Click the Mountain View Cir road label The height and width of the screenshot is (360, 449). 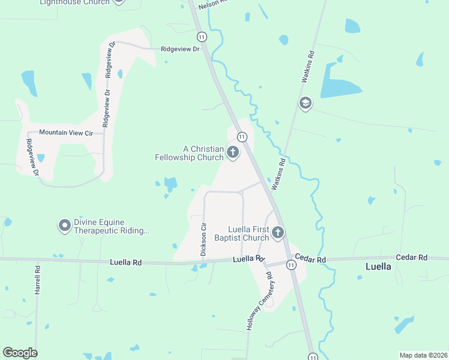pos(67,132)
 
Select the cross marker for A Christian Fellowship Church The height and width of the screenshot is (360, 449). pos(232,153)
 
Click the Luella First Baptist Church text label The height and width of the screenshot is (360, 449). pos(249,233)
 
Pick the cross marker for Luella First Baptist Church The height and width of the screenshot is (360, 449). pos(277,232)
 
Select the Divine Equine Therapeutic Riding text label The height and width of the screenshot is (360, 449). pos(111,226)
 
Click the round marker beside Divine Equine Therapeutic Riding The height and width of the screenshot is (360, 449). pos(65,226)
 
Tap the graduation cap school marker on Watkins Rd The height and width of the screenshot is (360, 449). pos(306,103)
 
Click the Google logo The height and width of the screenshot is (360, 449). pos(20,353)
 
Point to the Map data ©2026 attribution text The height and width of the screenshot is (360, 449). pos(423,355)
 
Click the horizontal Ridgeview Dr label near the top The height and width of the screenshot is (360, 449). pos(179,49)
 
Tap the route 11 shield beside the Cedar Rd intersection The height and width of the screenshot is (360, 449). pos(291,265)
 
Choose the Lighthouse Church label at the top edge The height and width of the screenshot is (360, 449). pos(74,2)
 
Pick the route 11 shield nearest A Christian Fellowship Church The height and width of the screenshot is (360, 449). pos(242,137)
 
